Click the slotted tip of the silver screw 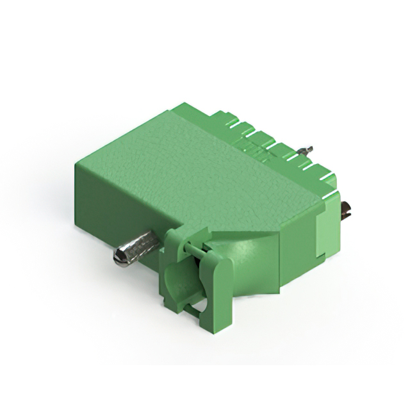[119, 258]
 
